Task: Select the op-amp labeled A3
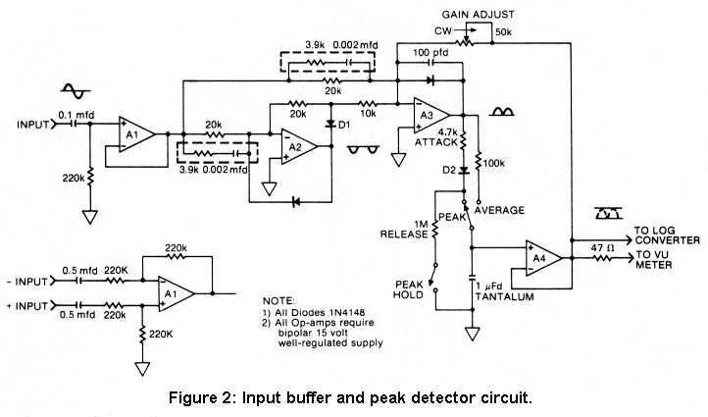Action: pyautogui.click(x=428, y=116)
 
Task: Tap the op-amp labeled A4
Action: pyautogui.click(x=541, y=258)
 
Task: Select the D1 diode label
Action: pyautogui.click(x=343, y=126)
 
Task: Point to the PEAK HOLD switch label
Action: pyautogui.click(x=408, y=287)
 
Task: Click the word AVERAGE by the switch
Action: pyautogui.click(x=499, y=210)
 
